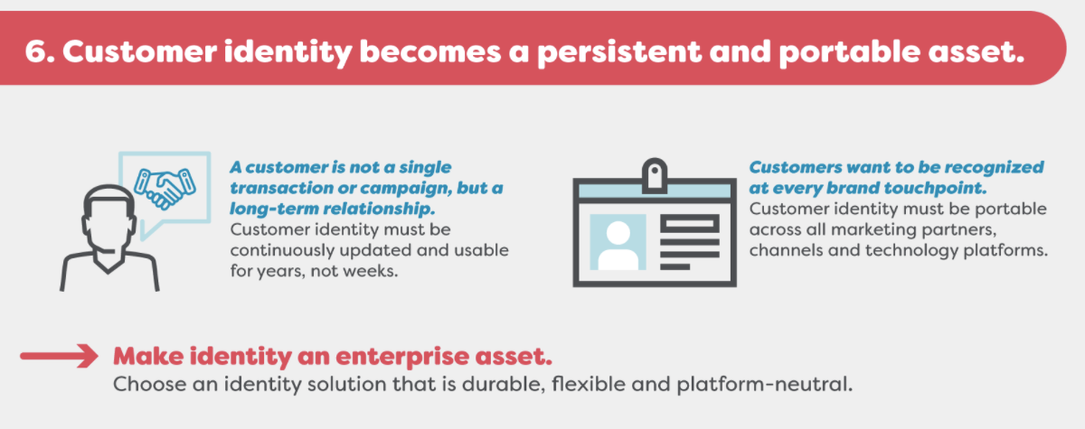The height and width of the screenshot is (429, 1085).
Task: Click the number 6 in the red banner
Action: pos(36,51)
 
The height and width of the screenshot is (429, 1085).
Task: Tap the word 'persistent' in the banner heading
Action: pos(618,52)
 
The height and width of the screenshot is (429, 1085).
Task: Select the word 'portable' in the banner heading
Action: pos(849,52)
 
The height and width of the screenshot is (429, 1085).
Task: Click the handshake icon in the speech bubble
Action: pos(165,188)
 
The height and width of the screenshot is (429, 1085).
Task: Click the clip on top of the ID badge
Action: pos(655,175)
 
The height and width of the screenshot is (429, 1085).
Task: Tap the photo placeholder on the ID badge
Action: pos(618,242)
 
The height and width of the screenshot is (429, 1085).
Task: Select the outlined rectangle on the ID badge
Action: pos(690,224)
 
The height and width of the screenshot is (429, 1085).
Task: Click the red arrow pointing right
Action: pos(59,356)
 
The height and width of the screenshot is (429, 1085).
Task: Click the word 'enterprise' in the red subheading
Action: pos(402,358)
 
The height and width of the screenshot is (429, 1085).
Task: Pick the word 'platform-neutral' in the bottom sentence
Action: pos(764,385)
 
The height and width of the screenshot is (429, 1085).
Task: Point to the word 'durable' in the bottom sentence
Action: pos(504,384)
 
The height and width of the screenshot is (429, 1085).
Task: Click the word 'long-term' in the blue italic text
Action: pos(274,209)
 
